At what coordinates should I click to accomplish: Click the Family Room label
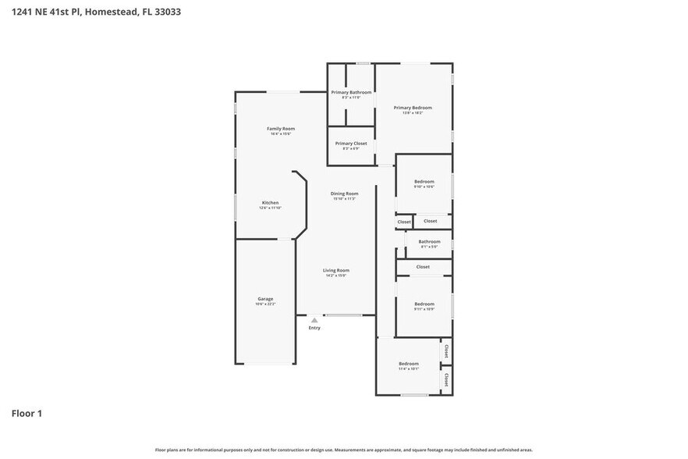tap(281, 128)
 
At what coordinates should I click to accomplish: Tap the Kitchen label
tap(270, 202)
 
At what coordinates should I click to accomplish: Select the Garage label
tap(265, 298)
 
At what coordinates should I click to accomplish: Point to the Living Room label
tap(336, 270)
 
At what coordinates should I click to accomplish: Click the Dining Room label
tap(344, 194)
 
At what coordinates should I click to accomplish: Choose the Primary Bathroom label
tap(351, 92)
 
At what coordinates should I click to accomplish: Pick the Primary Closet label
tap(351, 143)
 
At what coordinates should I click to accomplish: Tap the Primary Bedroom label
tap(413, 108)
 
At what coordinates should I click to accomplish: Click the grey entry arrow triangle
tap(314, 320)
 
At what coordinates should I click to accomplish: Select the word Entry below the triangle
tap(314, 328)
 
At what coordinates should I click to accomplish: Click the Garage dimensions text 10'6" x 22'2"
tap(265, 304)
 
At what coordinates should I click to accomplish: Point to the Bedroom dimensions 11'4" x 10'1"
tap(409, 369)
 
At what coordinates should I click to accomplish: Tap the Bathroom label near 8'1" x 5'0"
tap(429, 241)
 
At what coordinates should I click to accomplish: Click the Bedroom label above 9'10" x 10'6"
tap(424, 181)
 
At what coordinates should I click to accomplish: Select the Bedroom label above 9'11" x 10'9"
tap(424, 304)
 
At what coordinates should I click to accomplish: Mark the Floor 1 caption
tap(27, 413)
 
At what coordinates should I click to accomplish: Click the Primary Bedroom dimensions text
tap(413, 113)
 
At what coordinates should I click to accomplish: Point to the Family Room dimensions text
tap(281, 133)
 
